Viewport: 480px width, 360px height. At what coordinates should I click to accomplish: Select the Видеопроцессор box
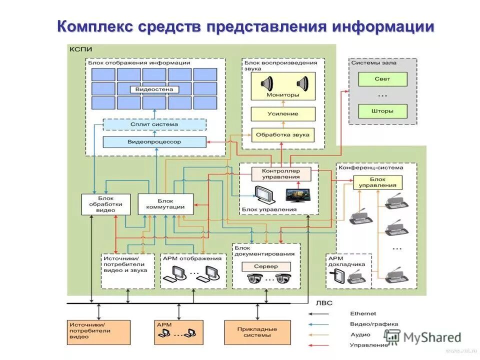tap(154, 142)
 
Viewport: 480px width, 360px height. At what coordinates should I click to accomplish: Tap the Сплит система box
tap(154, 124)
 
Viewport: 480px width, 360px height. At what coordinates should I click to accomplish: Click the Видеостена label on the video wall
tap(154, 89)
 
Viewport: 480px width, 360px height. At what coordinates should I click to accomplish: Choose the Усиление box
tap(283, 114)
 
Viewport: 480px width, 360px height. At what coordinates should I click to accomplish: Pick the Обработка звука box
tap(283, 134)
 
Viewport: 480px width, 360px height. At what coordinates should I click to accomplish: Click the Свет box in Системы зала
tap(382, 79)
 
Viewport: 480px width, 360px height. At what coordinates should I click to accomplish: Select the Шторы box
tap(382, 110)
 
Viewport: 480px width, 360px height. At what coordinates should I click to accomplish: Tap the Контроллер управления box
tap(280, 173)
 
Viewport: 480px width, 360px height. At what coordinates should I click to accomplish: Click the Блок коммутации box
tap(165, 204)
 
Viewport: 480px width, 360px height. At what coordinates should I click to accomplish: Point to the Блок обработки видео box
tap(105, 204)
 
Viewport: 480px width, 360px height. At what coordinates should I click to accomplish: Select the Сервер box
tap(265, 266)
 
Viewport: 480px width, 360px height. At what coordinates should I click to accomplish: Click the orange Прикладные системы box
tap(257, 332)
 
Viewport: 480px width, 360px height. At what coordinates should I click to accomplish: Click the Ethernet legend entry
tap(363, 313)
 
